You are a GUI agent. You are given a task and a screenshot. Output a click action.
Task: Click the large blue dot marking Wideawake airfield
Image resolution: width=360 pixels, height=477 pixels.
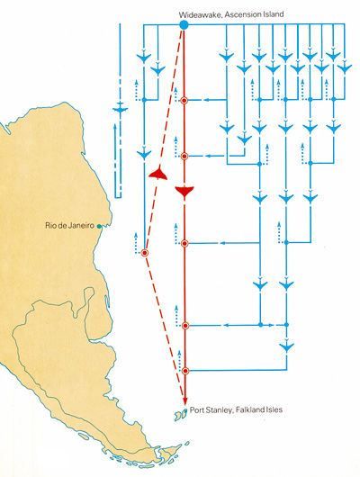[184, 25]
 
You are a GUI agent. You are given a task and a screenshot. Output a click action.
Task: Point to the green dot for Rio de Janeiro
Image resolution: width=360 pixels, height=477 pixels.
[99, 226]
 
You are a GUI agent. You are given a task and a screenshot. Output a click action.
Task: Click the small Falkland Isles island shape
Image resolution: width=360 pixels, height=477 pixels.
[180, 416]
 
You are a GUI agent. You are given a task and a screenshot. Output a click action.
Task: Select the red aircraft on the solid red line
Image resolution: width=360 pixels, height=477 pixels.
[184, 191]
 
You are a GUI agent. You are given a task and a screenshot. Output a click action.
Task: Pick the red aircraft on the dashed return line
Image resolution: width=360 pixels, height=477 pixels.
[158, 173]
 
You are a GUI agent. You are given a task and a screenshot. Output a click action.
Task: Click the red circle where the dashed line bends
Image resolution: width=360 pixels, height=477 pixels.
[145, 253]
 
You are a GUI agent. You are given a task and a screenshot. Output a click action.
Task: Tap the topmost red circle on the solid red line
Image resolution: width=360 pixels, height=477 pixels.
[184, 100]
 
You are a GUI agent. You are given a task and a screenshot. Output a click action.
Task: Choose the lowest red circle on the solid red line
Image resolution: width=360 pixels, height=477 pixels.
[185, 371]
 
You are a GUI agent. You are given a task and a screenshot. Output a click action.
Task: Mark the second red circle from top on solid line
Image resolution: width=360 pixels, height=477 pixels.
[184, 156]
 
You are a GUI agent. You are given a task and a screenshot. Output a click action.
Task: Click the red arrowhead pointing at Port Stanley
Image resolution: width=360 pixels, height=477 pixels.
[184, 400]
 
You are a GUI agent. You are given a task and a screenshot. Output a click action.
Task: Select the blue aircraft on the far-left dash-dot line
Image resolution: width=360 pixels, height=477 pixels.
[120, 109]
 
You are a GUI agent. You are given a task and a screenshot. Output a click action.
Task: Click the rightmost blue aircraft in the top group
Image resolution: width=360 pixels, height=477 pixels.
[345, 67]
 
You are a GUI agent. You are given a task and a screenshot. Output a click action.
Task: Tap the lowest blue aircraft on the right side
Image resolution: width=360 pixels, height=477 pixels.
[287, 346]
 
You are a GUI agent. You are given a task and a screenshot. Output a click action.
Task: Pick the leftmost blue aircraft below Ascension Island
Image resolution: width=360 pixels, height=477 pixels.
[144, 57]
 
